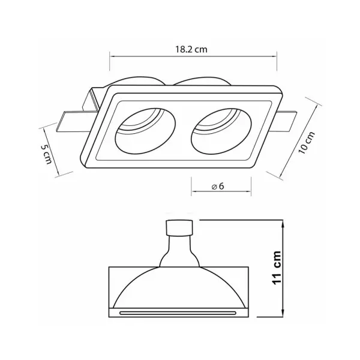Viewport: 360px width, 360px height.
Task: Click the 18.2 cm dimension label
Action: click(x=191, y=49)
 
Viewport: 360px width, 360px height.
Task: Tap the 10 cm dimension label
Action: click(x=307, y=143)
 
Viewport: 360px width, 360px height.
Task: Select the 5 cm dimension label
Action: click(x=46, y=154)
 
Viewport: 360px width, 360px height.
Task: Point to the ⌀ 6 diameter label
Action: click(x=218, y=187)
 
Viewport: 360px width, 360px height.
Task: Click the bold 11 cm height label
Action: click(x=277, y=268)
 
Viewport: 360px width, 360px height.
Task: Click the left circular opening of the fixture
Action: click(x=145, y=131)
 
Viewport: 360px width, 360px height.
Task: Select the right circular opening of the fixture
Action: click(x=221, y=131)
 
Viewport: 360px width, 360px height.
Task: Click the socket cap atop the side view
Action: click(x=179, y=228)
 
